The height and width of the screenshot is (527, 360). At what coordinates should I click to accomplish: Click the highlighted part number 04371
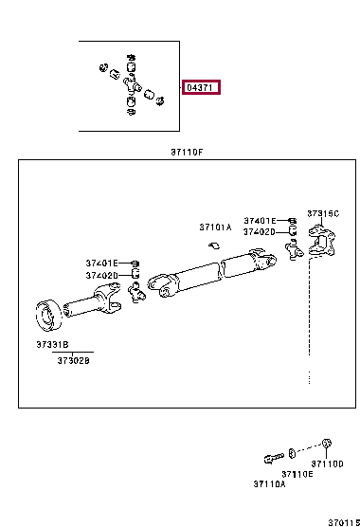pyautogui.click(x=201, y=87)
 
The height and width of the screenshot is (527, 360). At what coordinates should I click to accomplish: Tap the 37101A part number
pyautogui.click(x=214, y=227)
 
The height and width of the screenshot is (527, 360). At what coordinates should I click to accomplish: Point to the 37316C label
pyautogui.click(x=322, y=213)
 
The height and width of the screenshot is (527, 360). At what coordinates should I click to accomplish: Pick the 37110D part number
pyautogui.click(x=329, y=464)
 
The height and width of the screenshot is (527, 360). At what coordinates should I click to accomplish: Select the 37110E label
pyautogui.click(x=297, y=473)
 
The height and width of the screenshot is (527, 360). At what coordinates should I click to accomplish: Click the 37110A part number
pyautogui.click(x=268, y=483)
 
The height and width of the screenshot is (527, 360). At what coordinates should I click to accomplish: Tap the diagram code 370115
pyautogui.click(x=343, y=519)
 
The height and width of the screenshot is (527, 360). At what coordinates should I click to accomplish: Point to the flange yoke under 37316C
pyautogui.click(x=320, y=251)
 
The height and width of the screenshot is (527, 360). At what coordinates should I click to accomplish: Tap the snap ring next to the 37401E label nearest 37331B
pyautogui.click(x=135, y=263)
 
